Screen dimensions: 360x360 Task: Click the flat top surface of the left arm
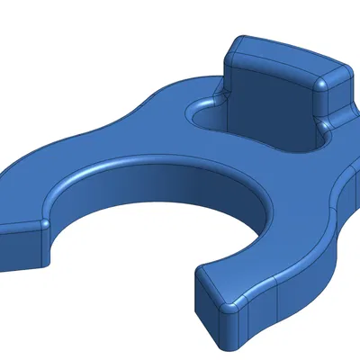point(36,189)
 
